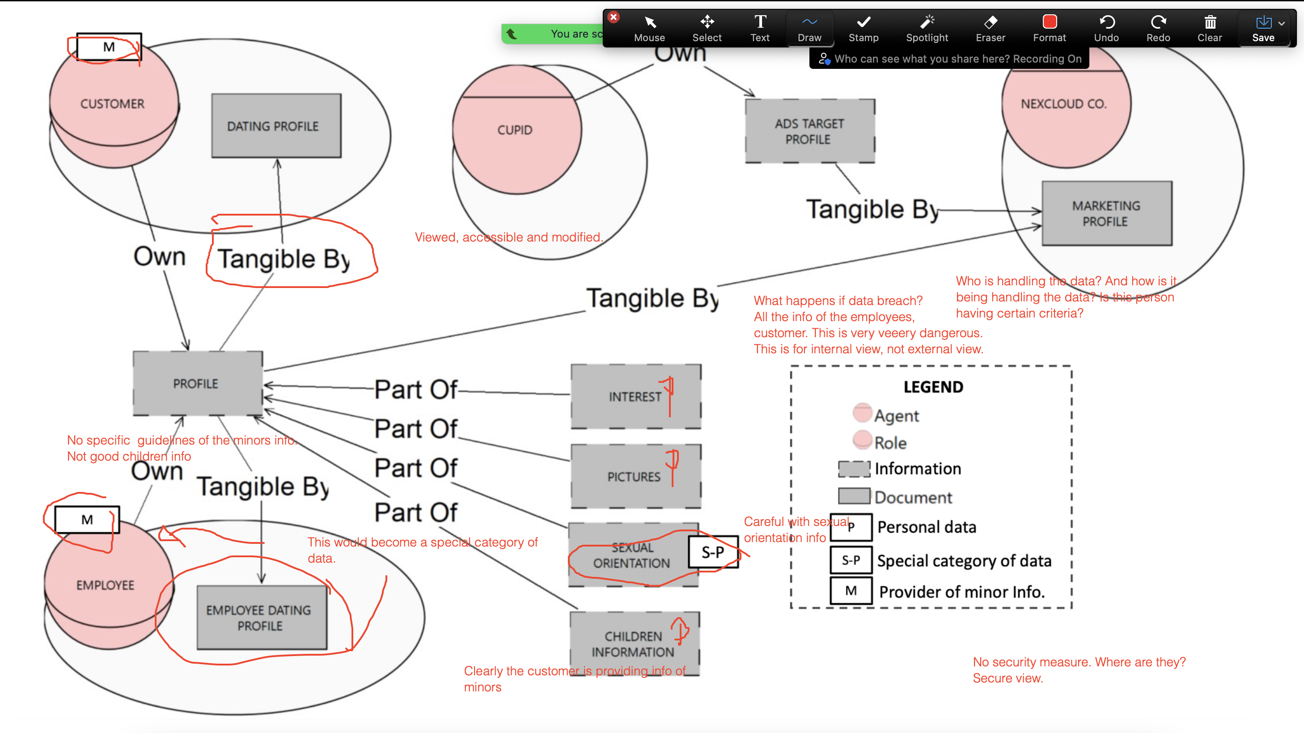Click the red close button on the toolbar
(614, 17)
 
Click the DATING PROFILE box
(276, 126)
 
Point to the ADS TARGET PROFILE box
(809, 131)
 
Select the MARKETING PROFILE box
(1106, 213)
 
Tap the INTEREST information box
(635, 396)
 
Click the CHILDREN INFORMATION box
(634, 644)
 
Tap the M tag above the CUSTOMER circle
(109, 47)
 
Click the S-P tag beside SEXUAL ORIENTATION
(713, 552)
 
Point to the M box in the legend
(851, 591)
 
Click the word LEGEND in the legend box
(933, 387)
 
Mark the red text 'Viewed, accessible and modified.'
(508, 237)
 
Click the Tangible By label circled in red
(284, 259)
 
